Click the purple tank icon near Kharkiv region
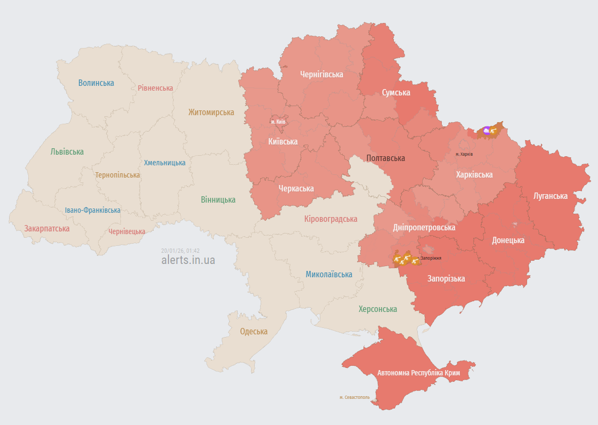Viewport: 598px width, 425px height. (x=486, y=130)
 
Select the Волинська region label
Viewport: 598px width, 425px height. (x=96, y=83)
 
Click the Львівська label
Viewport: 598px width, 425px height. (x=67, y=151)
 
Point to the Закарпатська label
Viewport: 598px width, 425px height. (x=47, y=228)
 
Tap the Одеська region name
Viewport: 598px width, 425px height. (x=254, y=331)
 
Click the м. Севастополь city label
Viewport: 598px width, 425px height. (x=354, y=397)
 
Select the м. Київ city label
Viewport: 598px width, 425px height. (x=278, y=122)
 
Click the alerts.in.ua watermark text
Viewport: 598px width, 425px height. (x=188, y=260)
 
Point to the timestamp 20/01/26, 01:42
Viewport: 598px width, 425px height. (x=180, y=250)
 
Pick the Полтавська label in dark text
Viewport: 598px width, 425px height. (x=386, y=158)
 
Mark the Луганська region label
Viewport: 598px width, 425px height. (x=551, y=196)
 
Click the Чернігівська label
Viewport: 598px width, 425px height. (x=321, y=74)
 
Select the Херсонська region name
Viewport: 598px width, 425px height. (x=378, y=309)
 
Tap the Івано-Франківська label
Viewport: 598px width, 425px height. (x=93, y=210)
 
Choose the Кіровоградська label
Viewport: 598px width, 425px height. (x=330, y=219)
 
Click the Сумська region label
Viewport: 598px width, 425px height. (x=396, y=92)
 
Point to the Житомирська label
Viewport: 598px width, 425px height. (x=211, y=112)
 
